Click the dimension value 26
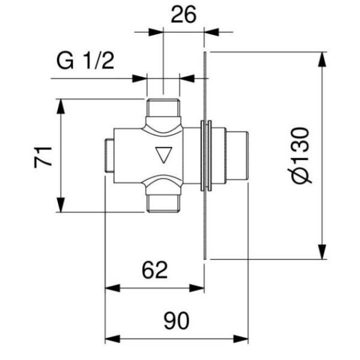coord(184,14)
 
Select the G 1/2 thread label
coord(85,61)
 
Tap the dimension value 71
coord(43,157)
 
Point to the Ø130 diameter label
coord(299,155)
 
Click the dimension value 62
coord(155,269)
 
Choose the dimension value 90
coord(176,320)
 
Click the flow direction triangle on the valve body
coord(164,155)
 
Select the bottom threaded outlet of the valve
coord(163,203)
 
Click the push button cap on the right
coord(237,156)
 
